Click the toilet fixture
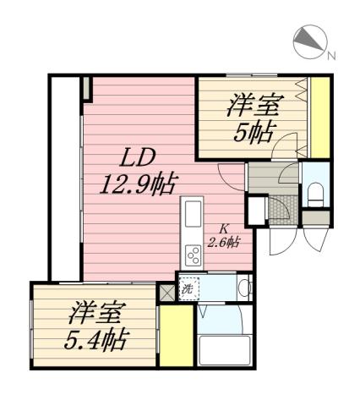[x=314, y=194]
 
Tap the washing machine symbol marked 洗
[x=188, y=288]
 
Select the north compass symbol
[x=307, y=40]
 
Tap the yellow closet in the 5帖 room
[x=319, y=118]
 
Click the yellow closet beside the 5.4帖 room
[x=176, y=337]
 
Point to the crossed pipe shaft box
[x=166, y=292]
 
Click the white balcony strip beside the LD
[x=64, y=178]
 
